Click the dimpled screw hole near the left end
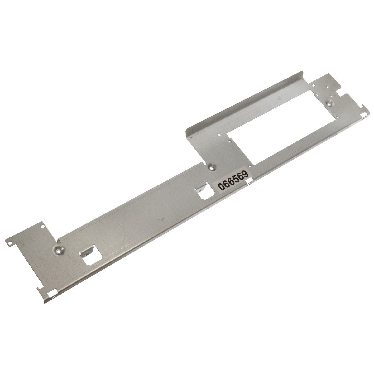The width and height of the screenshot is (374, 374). click(58, 251)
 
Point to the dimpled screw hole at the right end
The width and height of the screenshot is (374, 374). click(329, 104)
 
